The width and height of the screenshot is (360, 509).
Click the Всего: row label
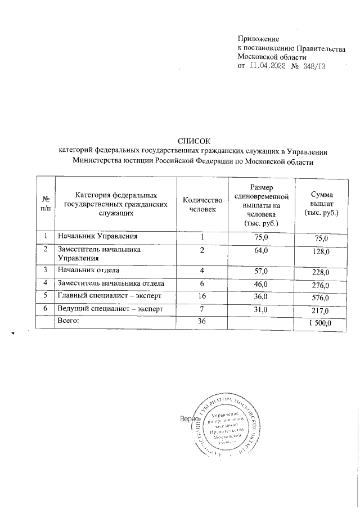pyautogui.click(x=70, y=321)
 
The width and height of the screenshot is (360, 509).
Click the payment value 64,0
pyautogui.click(x=262, y=250)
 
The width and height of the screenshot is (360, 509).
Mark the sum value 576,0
pyautogui.click(x=321, y=297)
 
